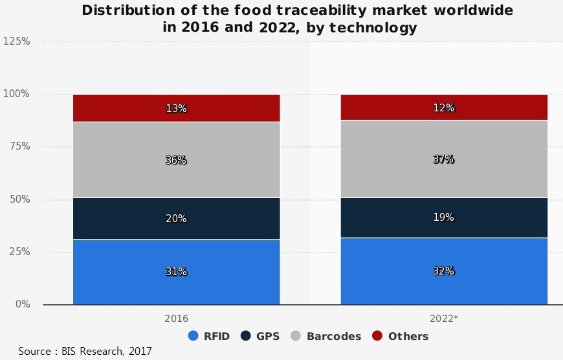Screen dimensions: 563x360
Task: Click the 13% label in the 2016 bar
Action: coord(176,108)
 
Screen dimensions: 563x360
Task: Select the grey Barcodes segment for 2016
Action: coord(176,159)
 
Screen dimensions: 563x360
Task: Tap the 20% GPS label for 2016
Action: coord(176,218)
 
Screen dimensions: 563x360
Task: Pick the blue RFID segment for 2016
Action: coord(176,272)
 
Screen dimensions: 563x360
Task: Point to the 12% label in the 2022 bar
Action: coord(444,107)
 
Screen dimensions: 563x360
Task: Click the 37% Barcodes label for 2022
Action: coord(444,159)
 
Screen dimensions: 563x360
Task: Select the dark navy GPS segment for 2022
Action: coord(444,218)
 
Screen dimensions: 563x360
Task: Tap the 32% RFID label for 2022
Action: coord(444,271)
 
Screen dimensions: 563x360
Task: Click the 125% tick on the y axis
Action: coord(17,41)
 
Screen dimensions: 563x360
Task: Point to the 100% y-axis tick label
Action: coord(16,94)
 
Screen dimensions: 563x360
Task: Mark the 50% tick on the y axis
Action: coord(20,199)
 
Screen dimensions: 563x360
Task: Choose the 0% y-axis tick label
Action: coord(23,304)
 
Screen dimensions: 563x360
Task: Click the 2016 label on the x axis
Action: coord(176,319)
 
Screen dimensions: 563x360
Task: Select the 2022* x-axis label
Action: coord(444,318)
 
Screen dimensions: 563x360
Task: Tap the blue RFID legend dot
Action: coord(193,335)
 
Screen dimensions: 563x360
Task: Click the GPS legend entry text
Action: coord(268,336)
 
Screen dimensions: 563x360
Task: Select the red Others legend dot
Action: coord(377,335)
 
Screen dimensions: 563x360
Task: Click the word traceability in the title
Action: coord(322,10)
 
